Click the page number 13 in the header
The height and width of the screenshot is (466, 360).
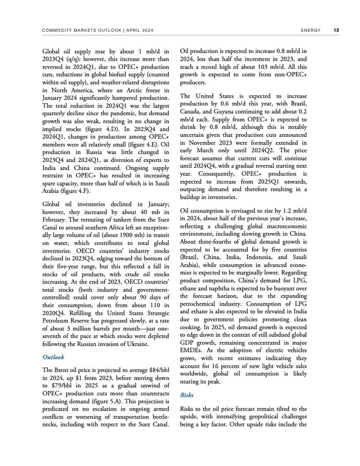(x=336, y=30)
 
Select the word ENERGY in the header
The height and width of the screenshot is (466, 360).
(x=311, y=30)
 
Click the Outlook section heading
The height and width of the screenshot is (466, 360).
(x=53, y=357)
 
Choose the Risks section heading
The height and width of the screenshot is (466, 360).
(x=187, y=395)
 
